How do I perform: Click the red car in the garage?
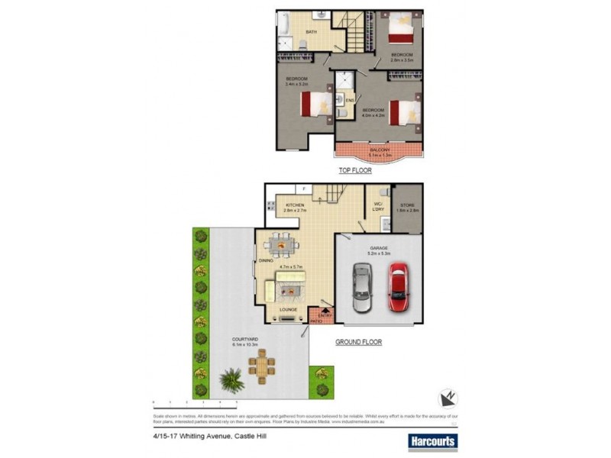tap(399, 287)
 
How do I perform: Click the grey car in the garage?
tap(362, 289)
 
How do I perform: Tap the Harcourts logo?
tap(432, 441)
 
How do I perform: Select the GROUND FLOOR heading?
tap(358, 343)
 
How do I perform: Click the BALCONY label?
tap(379, 150)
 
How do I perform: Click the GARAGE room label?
tap(380, 248)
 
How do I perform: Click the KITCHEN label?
tap(295, 205)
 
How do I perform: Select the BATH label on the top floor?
tap(312, 31)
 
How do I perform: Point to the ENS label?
tap(350, 100)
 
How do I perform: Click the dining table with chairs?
tap(282, 246)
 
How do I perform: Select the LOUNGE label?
tap(287, 309)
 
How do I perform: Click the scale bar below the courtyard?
tap(195, 400)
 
